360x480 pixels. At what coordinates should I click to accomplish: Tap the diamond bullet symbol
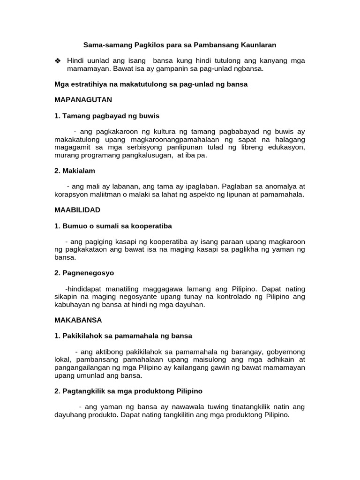coord(58,61)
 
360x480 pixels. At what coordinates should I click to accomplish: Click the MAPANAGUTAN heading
coord(83,100)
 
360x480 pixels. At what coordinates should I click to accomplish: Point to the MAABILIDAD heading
coord(77,210)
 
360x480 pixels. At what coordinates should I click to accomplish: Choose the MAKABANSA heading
coord(78,320)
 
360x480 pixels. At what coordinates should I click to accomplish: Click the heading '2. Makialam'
coord(75,171)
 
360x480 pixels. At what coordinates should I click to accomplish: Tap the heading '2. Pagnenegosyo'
coord(84,273)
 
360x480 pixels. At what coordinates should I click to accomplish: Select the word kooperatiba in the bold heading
coord(153,226)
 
